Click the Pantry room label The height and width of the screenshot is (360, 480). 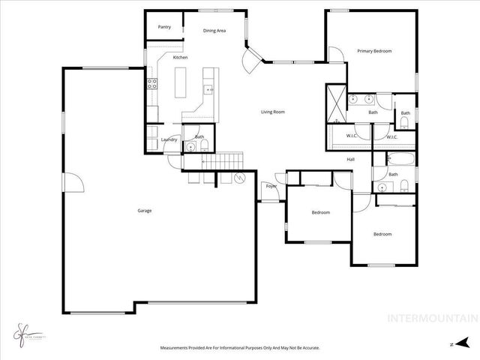tap(164, 27)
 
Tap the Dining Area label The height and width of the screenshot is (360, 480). tap(214, 31)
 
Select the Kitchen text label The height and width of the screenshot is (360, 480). tap(180, 58)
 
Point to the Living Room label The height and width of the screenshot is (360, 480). tap(272, 112)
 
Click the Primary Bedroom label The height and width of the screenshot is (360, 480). tap(374, 51)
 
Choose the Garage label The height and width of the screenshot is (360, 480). tap(144, 211)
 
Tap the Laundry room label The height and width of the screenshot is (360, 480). tap(169, 140)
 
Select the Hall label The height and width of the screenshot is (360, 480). tap(350, 159)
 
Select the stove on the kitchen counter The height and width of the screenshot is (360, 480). tap(151, 83)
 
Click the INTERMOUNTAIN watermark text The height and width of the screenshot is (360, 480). tap(430, 317)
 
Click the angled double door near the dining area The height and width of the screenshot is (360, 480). tap(253, 58)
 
